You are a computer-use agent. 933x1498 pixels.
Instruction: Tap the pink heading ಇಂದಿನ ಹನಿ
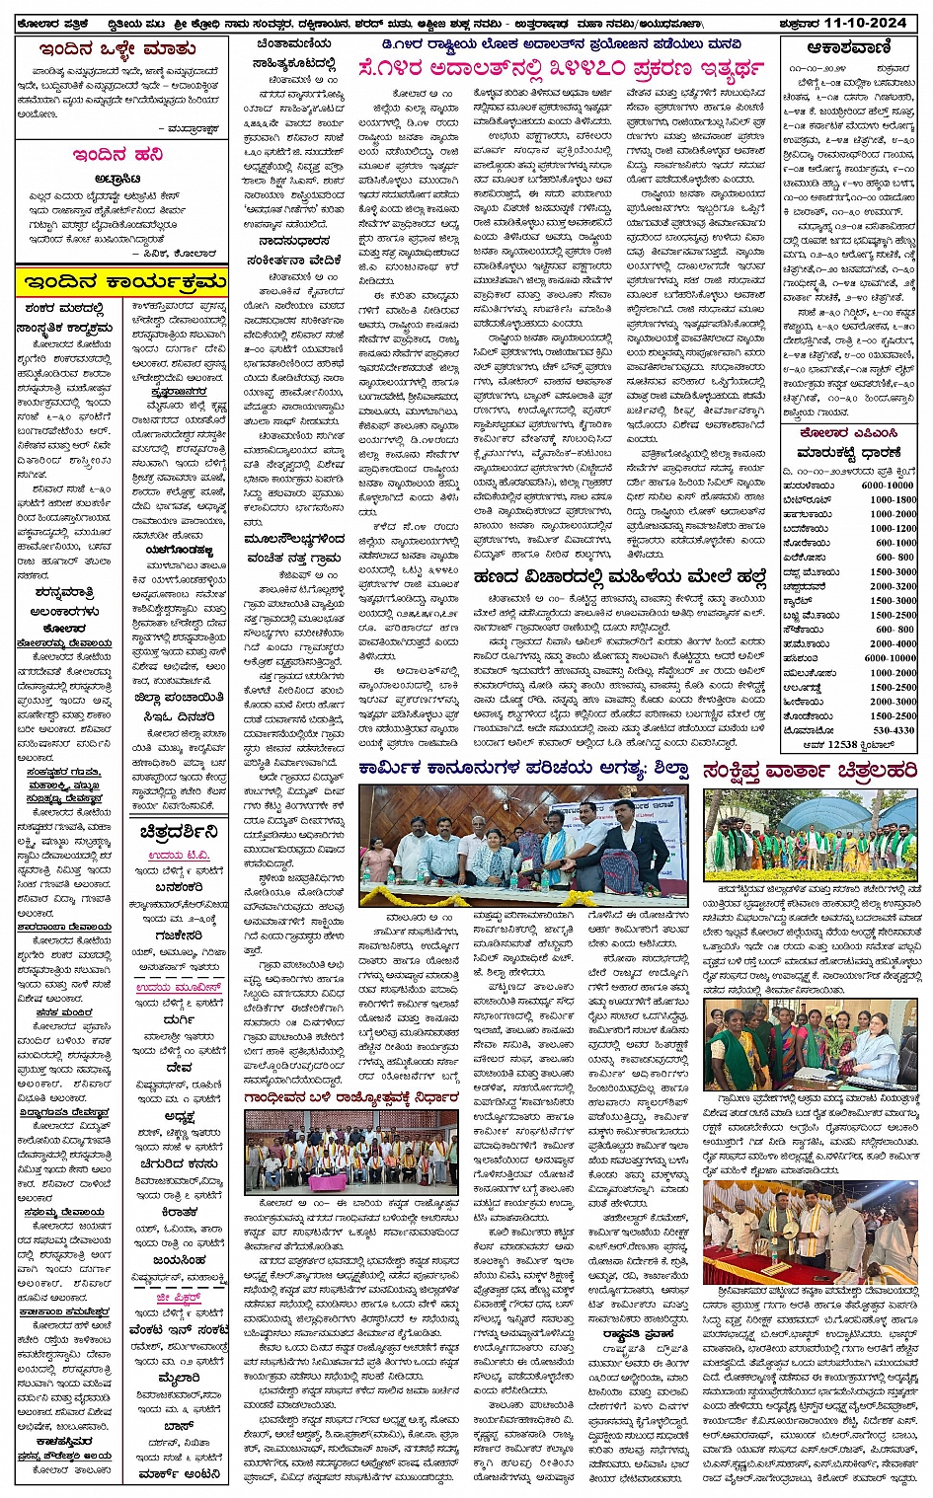(117, 155)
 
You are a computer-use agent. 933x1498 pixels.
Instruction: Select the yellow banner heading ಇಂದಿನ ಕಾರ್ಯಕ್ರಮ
(121, 283)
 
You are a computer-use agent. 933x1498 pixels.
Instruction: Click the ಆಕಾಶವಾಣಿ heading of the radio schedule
(849, 47)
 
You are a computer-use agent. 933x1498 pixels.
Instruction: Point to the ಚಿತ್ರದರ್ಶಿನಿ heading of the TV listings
(179, 830)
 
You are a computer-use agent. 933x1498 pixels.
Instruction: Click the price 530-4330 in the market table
(893, 730)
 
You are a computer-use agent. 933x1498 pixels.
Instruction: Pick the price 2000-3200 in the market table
(893, 586)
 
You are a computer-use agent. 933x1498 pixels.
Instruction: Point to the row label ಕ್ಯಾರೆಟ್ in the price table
(797, 600)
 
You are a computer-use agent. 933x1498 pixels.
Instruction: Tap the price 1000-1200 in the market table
(893, 529)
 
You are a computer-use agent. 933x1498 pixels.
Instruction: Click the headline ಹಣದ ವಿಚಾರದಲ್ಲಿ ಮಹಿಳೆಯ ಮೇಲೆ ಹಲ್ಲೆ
(620, 576)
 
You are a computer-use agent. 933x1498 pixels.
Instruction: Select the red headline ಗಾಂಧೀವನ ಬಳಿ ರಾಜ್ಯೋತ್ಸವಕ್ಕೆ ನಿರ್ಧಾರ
(352, 1097)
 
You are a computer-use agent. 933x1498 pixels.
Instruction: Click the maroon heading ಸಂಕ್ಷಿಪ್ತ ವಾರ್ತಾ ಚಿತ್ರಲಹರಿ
(810, 772)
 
